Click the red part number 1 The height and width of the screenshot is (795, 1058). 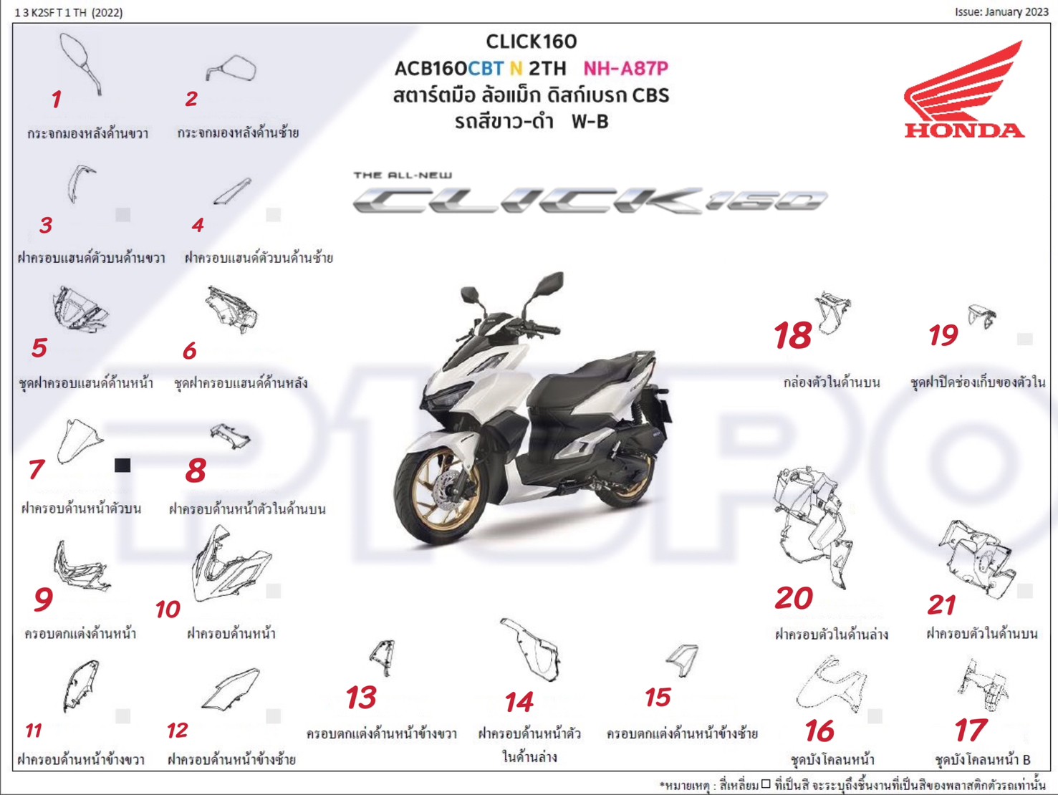click(x=57, y=100)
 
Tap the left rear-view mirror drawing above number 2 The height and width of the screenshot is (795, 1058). click(x=232, y=69)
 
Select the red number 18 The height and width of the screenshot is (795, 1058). click(x=792, y=335)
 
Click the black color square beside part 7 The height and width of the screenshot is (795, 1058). click(x=122, y=466)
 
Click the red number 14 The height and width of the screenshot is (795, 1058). click(x=519, y=702)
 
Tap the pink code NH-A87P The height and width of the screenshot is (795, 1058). click(x=625, y=69)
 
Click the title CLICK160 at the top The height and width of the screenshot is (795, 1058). click(x=531, y=42)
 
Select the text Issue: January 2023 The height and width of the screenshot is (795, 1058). click(x=1001, y=12)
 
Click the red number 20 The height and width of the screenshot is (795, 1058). click(x=794, y=598)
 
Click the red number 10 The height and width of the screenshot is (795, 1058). click(x=168, y=609)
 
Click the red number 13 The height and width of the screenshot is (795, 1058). click(x=361, y=697)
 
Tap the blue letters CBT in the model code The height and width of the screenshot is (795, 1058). click(x=486, y=69)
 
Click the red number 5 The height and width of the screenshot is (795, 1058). click(x=39, y=348)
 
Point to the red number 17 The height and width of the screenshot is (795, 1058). click(x=970, y=731)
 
